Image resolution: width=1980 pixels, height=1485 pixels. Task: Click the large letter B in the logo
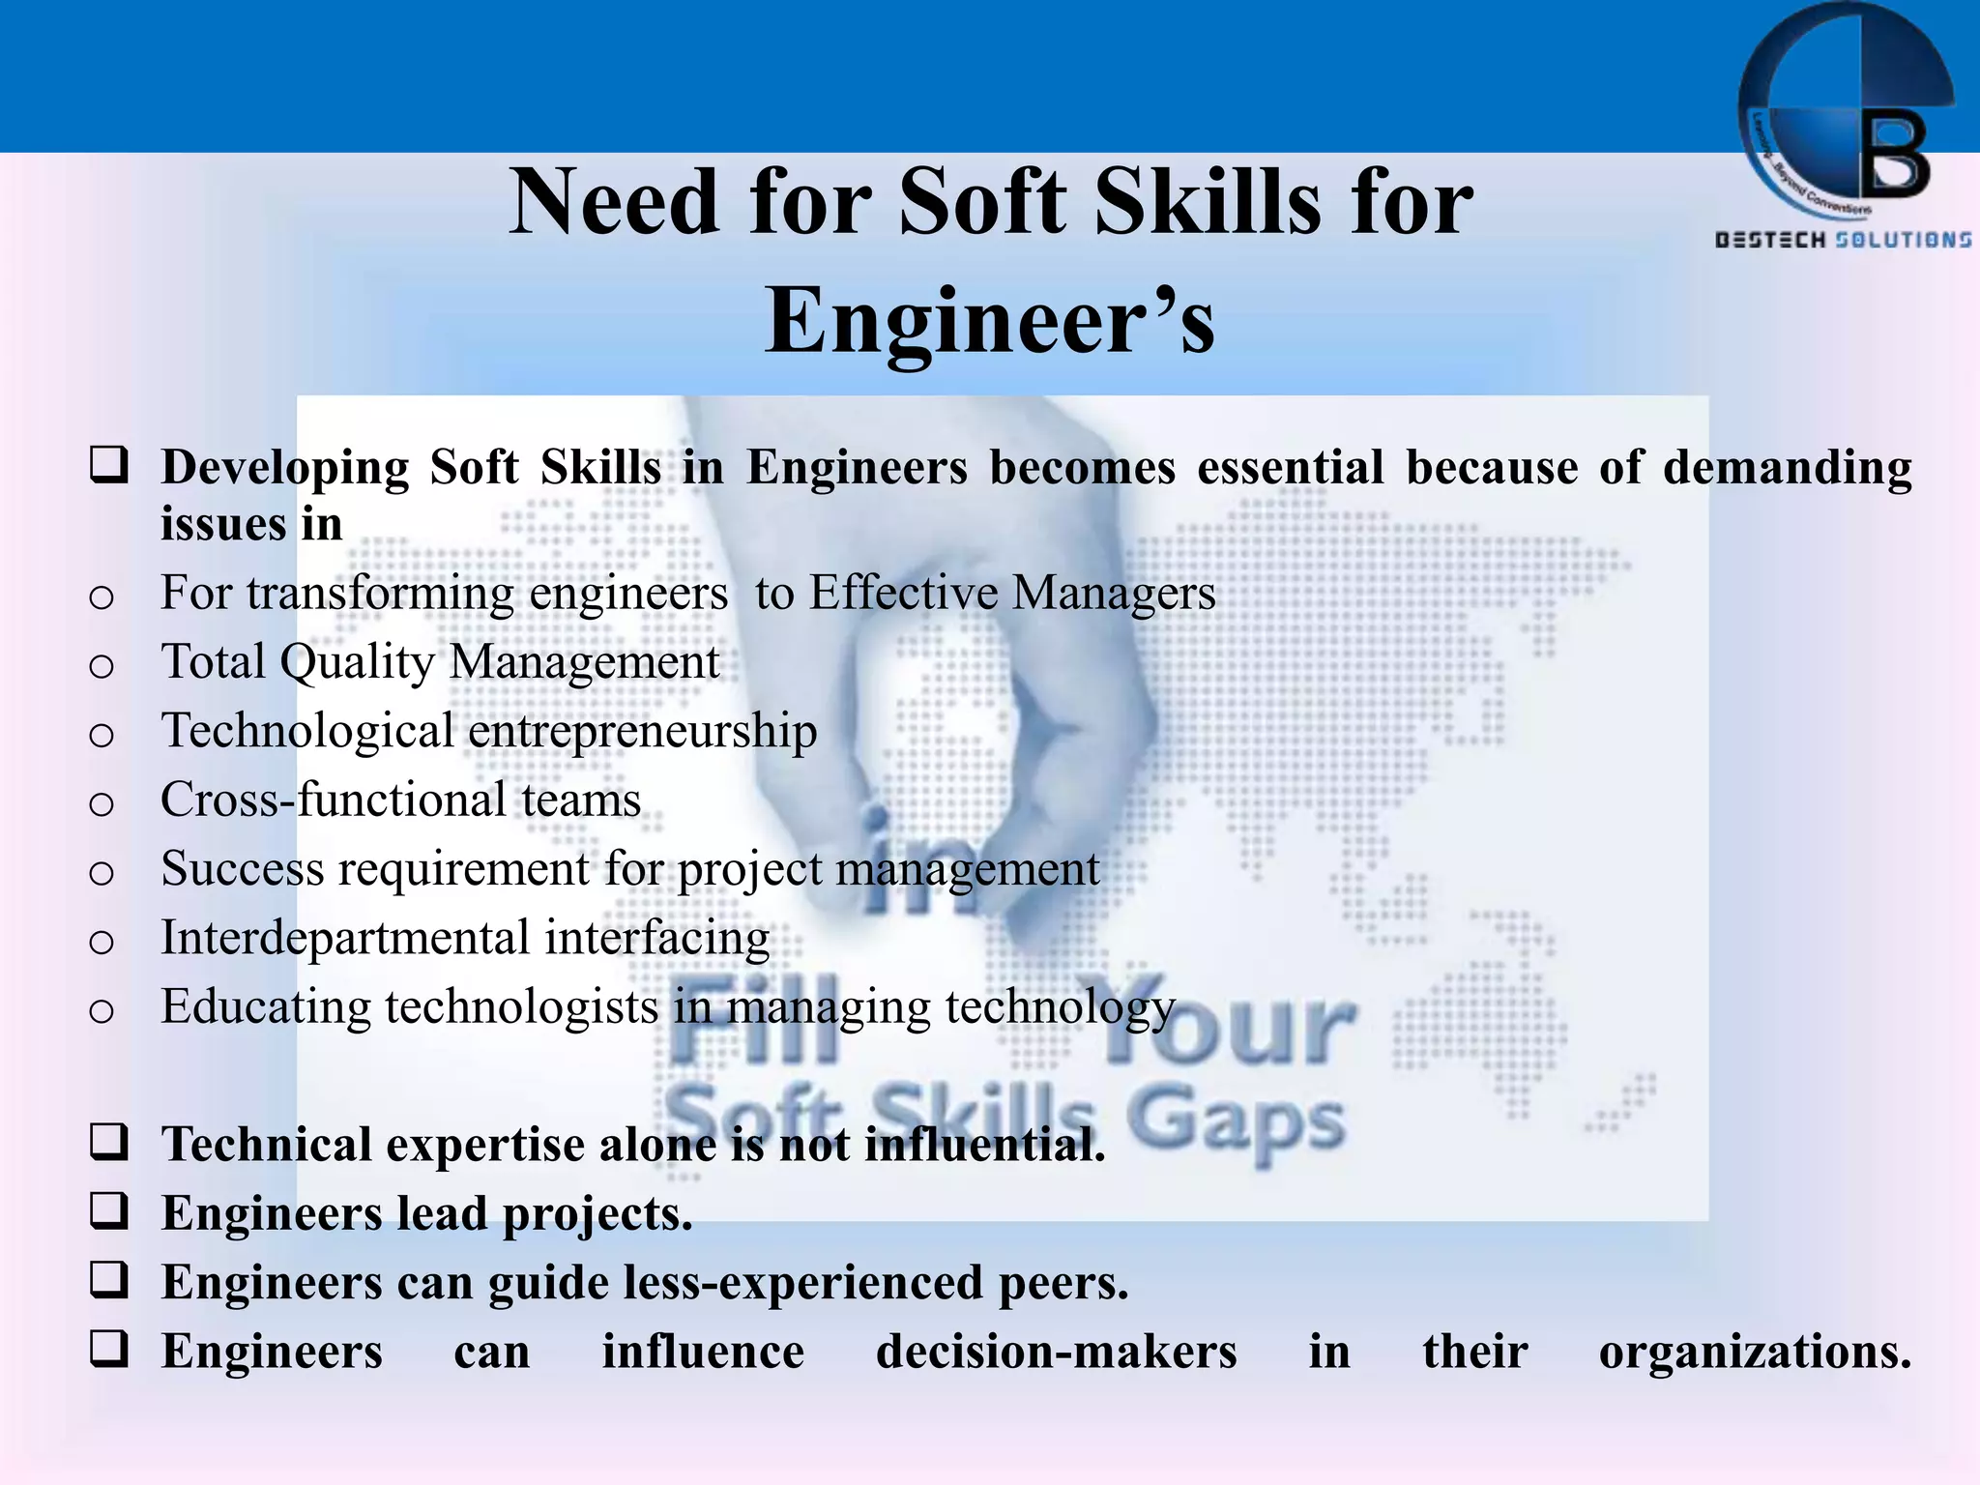click(1895, 155)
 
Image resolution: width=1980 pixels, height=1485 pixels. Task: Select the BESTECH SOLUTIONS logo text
click(1843, 240)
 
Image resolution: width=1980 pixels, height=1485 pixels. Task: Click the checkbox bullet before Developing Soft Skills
click(108, 465)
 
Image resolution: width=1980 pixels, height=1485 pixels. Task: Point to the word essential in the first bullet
click(1290, 468)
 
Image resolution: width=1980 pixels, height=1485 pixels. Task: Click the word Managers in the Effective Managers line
click(1113, 593)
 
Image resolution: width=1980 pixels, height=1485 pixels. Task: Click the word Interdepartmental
click(345, 938)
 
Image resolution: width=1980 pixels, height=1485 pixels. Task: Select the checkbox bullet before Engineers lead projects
click(108, 1211)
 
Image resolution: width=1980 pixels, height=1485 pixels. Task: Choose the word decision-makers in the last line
click(1056, 1352)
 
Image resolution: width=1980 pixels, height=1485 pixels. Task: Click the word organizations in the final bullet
click(1754, 1352)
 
